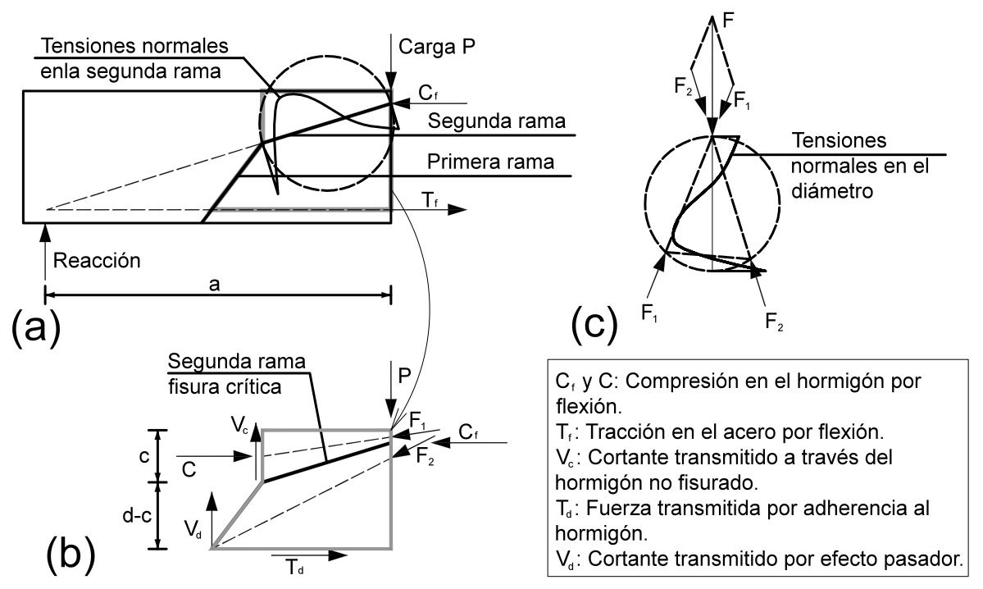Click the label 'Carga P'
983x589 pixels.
(x=436, y=47)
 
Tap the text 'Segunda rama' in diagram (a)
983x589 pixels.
(x=497, y=121)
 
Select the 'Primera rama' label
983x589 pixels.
(x=490, y=162)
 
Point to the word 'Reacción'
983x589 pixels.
(x=97, y=260)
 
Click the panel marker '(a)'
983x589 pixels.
(x=36, y=326)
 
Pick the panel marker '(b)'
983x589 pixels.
(x=71, y=553)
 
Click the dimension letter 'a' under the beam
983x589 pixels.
(x=215, y=284)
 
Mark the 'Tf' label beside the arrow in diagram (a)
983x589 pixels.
(x=430, y=200)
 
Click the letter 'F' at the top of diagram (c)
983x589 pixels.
(x=728, y=20)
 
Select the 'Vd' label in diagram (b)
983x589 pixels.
(x=193, y=528)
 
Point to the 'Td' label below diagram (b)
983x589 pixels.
(x=294, y=567)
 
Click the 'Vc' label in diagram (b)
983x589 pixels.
(x=239, y=425)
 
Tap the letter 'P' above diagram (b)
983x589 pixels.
(x=404, y=376)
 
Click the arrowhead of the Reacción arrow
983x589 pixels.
(x=45, y=231)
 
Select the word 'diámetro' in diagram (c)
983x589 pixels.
(x=831, y=190)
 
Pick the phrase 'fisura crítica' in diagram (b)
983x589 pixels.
(x=225, y=386)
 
